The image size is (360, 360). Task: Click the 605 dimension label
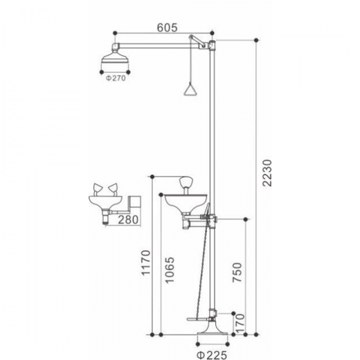pos(167,28)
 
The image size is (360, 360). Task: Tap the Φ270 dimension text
pos(116,78)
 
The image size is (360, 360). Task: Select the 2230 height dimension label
pos(267,173)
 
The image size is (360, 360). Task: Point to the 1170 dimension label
pos(146,263)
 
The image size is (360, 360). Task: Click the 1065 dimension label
pos(170,270)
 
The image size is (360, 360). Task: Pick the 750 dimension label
pos(237,272)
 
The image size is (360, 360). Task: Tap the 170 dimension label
pos(240,323)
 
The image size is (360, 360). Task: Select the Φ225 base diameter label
pos(212,355)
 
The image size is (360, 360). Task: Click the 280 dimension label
pos(128,219)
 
